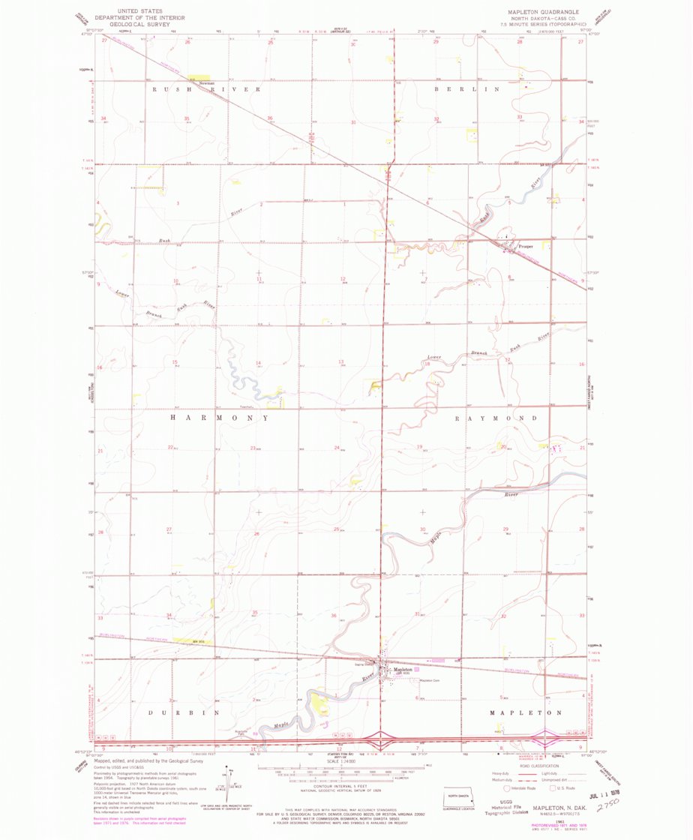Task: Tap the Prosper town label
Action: (x=524, y=245)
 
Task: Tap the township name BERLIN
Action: (x=466, y=89)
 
